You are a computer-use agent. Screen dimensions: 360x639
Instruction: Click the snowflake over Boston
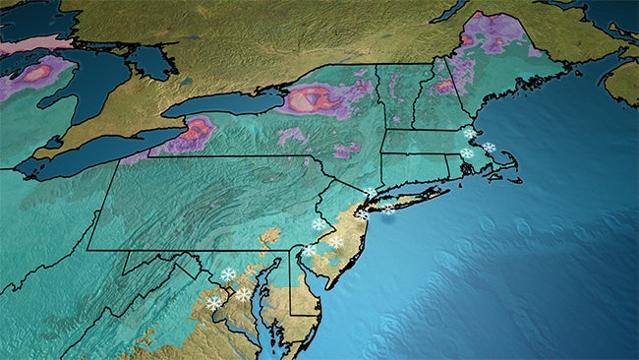point(469,133)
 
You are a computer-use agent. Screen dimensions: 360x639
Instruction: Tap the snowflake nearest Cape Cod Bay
point(489,148)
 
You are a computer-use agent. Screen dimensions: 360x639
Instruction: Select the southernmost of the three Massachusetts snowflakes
point(466,152)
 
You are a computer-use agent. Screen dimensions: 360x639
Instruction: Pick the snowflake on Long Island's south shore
point(388,209)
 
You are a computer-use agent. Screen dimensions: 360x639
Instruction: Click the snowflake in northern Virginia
point(213,302)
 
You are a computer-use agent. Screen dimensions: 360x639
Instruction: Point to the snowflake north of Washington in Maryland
point(229,274)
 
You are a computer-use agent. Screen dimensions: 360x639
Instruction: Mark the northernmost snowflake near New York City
point(370,193)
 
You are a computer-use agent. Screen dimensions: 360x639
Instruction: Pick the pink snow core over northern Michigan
point(37,72)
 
